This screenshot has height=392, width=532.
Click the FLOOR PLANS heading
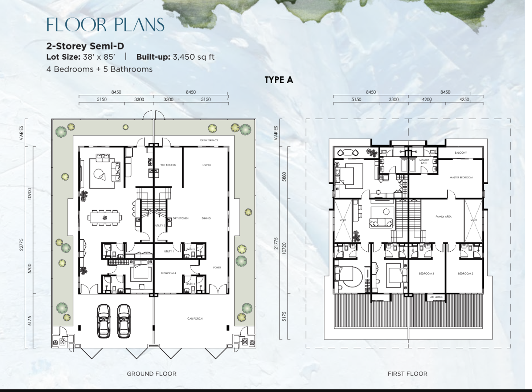click(105, 25)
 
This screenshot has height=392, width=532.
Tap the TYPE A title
click(279, 80)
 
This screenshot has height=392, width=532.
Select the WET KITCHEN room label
click(168, 165)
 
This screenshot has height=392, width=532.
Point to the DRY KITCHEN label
click(180, 218)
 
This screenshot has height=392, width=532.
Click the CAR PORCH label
click(195, 318)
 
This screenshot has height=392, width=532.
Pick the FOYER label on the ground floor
click(217, 268)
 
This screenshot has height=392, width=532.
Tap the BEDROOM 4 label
click(169, 273)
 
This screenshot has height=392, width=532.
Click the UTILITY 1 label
click(169, 251)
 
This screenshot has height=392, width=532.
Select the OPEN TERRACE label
click(209, 140)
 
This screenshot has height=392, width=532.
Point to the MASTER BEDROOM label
click(461, 177)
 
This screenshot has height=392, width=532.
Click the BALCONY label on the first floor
click(461, 153)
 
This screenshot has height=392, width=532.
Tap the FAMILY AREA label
click(444, 217)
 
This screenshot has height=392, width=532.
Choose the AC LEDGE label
click(437, 297)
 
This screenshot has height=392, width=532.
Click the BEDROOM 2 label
click(465, 273)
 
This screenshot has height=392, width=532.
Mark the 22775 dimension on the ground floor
click(21, 245)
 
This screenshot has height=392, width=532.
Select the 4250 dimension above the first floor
click(464, 99)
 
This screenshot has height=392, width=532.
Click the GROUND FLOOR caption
click(152, 374)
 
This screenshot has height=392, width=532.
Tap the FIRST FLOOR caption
click(408, 374)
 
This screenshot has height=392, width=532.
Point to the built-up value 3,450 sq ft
click(194, 57)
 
